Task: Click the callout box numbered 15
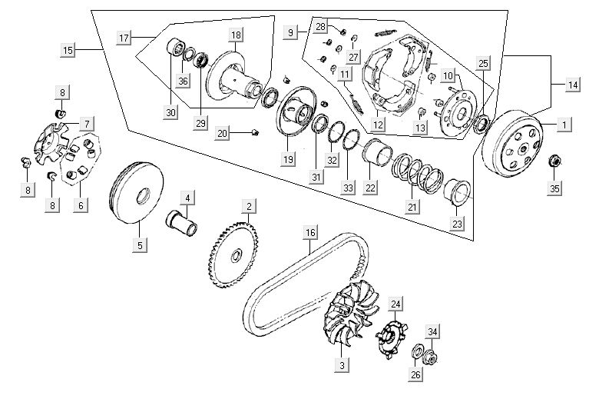(68, 50)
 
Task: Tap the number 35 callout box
(554, 188)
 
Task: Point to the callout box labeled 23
(457, 224)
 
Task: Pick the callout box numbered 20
(222, 134)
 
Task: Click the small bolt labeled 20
(256, 132)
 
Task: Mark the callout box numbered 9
(290, 33)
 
